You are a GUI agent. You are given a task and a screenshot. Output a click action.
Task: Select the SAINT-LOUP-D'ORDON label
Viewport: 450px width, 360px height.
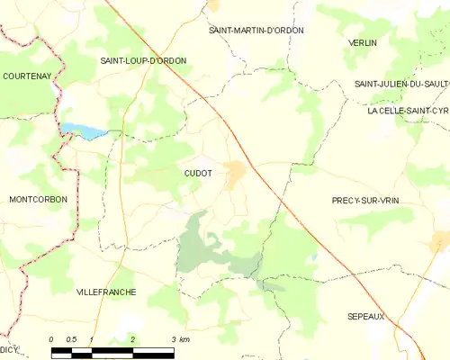(143, 60)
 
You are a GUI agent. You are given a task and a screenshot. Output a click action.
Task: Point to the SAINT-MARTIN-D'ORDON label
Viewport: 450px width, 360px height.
(256, 30)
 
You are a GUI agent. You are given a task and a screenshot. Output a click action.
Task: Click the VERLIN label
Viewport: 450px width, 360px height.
(363, 42)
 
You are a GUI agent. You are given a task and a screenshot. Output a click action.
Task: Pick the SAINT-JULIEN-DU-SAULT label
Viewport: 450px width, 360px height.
(401, 84)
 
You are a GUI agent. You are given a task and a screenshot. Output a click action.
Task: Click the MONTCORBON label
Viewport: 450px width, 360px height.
(38, 199)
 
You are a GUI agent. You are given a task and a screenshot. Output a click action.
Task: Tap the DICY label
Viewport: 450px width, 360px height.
(9, 348)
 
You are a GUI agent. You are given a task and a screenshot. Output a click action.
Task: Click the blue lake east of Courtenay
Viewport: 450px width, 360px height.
(85, 131)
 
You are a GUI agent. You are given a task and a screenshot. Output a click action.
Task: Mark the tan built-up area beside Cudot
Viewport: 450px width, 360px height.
(236, 174)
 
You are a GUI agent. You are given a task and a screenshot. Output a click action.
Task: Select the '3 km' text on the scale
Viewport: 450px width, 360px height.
(181, 340)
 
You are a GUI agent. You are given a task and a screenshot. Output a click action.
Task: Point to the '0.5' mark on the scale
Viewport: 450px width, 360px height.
(72, 340)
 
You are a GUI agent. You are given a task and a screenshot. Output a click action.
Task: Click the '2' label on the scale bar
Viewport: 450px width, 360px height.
(133, 340)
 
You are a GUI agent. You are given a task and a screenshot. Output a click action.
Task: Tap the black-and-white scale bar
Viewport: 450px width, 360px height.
(112, 350)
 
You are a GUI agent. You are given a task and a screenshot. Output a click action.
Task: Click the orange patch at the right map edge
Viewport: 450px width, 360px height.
(441, 240)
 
